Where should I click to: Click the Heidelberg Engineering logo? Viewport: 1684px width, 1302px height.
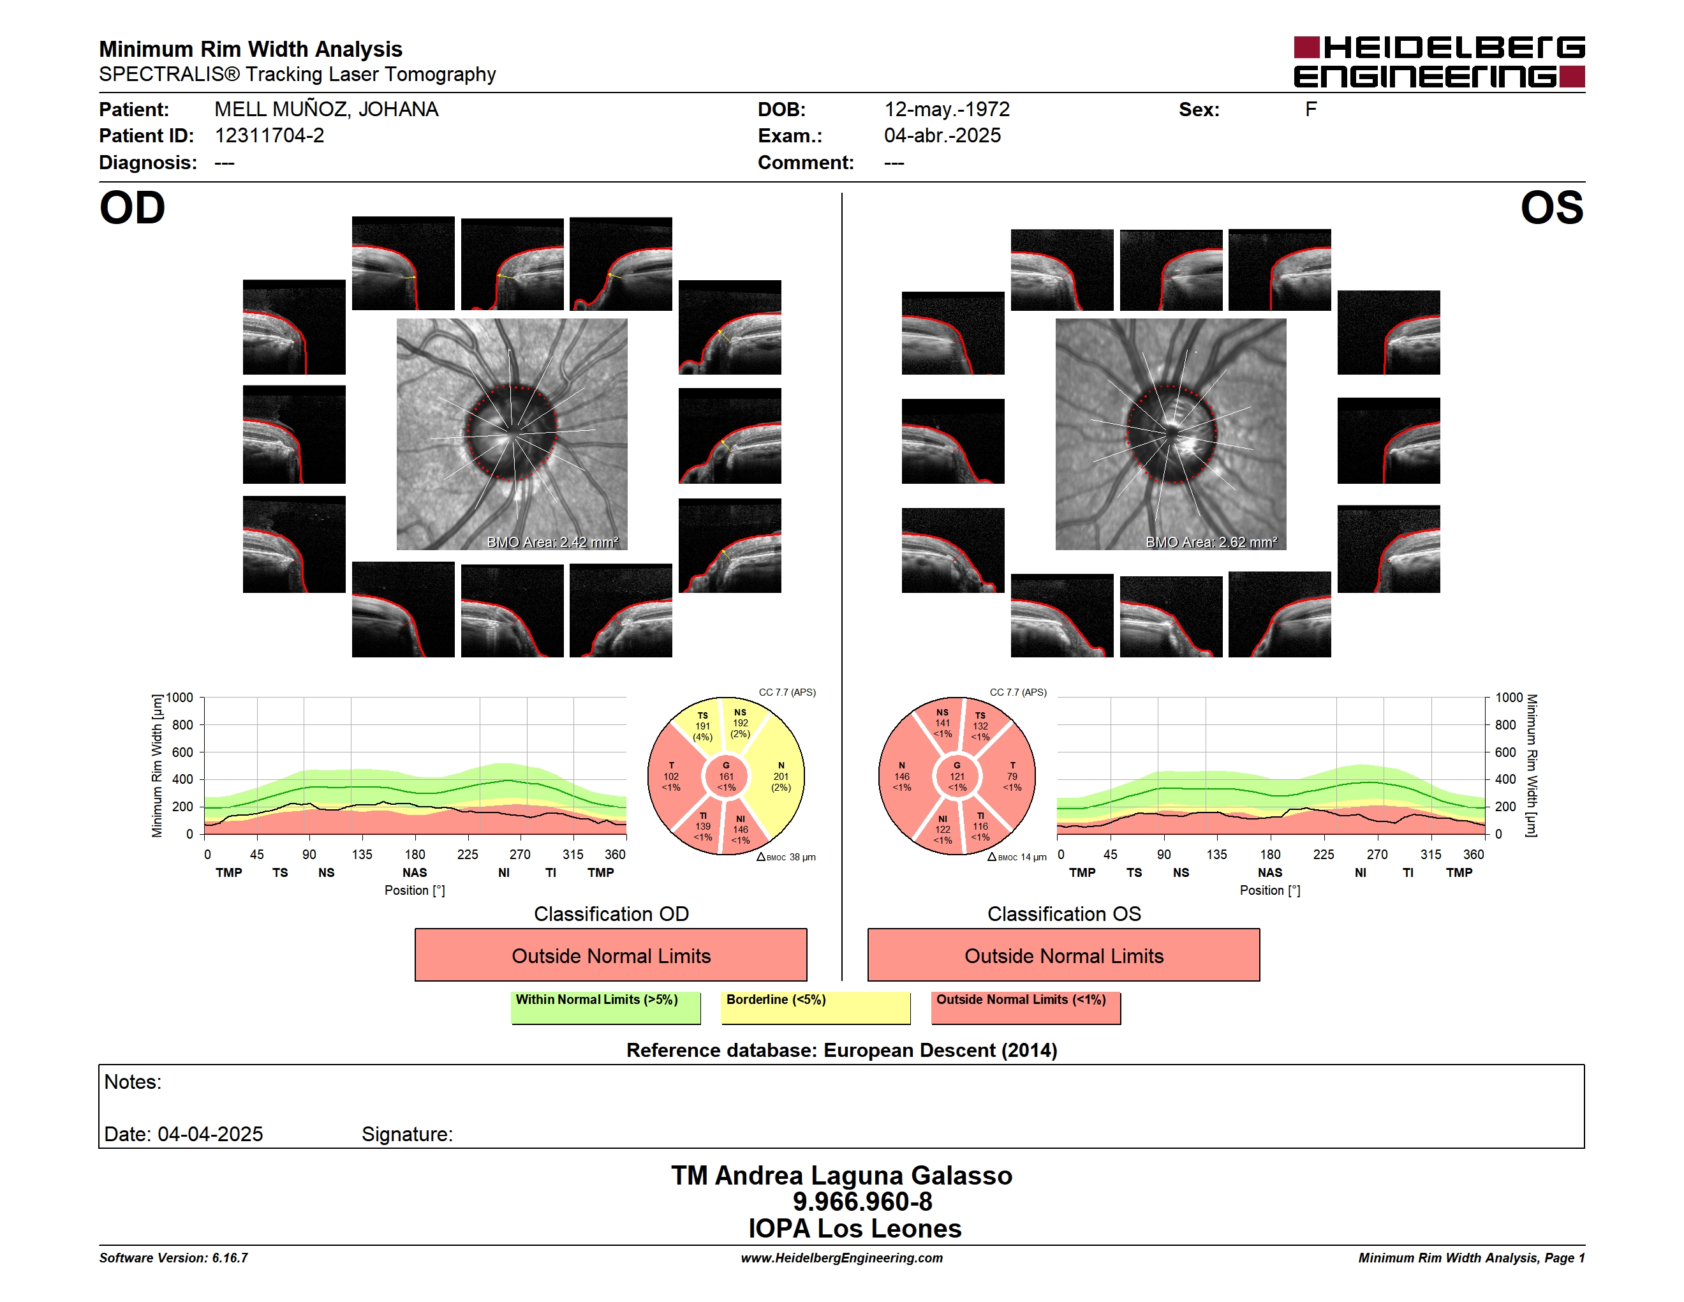coord(1439,62)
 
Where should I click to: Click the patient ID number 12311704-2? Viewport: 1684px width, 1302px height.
coord(269,136)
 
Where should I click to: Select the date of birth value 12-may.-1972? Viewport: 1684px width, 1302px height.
coord(947,110)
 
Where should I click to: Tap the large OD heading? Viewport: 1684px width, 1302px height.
coord(133,208)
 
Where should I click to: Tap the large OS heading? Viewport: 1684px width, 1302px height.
coord(1551,208)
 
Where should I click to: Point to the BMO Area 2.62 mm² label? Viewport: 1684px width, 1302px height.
coord(1211,542)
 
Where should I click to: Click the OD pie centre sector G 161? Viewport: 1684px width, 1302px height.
coord(727,777)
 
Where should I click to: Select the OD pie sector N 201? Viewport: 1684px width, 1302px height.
coord(780,777)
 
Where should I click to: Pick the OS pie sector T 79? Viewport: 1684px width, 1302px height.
coord(1012,777)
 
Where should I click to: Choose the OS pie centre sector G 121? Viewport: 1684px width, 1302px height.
coord(957,777)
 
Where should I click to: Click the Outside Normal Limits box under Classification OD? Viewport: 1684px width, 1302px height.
coord(610,955)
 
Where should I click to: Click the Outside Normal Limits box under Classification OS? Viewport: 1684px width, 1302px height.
coord(1063,955)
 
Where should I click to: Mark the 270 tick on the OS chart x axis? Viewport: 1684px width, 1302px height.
coord(1377,854)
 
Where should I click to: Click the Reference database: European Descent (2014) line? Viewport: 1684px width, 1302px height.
coord(841,1050)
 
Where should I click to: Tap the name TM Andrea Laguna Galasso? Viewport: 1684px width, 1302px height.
coord(841,1175)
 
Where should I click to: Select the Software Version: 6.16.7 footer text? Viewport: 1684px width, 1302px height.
coord(174,1257)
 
